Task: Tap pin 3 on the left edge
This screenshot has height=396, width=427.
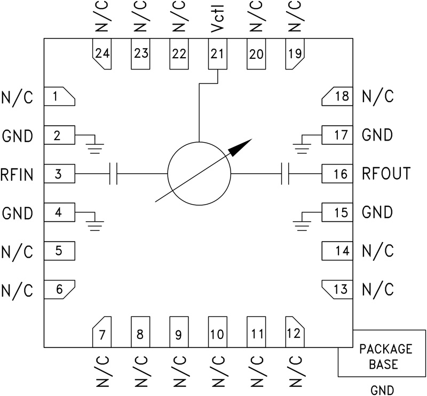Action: point(59,174)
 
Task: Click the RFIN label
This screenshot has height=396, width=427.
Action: point(17,174)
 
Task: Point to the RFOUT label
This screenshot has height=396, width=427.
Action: point(386,174)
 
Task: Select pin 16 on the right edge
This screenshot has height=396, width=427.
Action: point(337,174)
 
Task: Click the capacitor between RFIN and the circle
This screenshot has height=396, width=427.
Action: point(113,174)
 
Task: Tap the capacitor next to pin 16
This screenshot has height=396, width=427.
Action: point(284,174)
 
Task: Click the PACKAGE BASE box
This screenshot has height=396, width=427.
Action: point(378,356)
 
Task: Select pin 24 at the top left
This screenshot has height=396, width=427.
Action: point(102,54)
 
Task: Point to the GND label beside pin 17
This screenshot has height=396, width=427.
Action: point(377,135)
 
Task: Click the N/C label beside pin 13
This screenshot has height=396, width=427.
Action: point(377,290)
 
